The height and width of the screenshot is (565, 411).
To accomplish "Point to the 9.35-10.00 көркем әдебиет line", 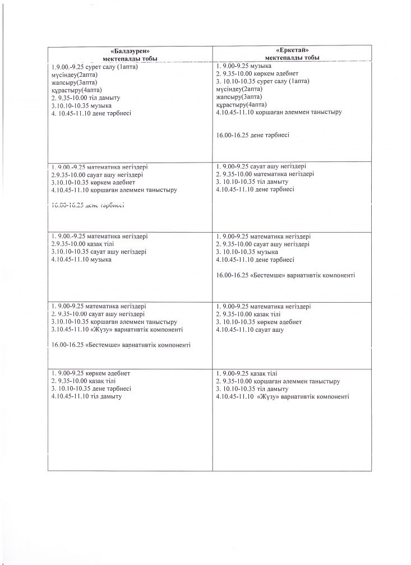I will point(257,73).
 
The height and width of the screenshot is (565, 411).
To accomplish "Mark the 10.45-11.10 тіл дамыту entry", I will point(86,396).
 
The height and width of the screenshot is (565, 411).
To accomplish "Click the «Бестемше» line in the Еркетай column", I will point(285,275).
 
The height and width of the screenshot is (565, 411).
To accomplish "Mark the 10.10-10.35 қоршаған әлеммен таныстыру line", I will point(114,322).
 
